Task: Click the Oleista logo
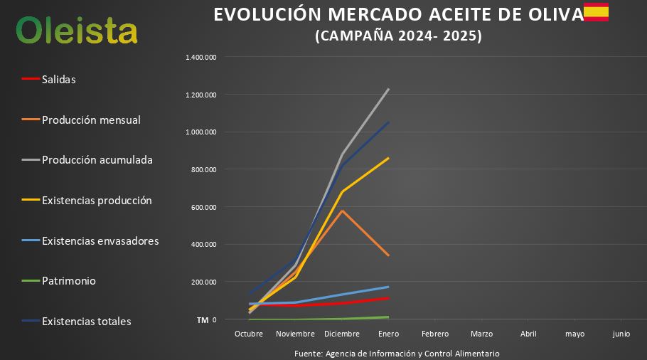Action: click(77, 30)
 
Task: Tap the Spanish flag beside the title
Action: click(596, 12)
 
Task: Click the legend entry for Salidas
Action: click(58, 79)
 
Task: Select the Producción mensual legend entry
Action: click(91, 120)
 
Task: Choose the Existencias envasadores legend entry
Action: click(100, 240)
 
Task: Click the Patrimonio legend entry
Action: click(68, 281)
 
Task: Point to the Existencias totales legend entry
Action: click(86, 322)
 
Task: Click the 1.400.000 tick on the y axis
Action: click(201, 57)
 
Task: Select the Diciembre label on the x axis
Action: click(341, 334)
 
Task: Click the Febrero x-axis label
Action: click(435, 334)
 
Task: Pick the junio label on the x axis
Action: click(621, 334)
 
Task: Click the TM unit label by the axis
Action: click(203, 320)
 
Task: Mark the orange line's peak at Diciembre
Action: click(342, 211)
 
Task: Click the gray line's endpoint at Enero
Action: click(388, 89)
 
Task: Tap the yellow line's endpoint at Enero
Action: click(388, 158)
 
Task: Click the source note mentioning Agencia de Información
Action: click(397, 353)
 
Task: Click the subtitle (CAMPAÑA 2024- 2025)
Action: click(398, 36)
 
